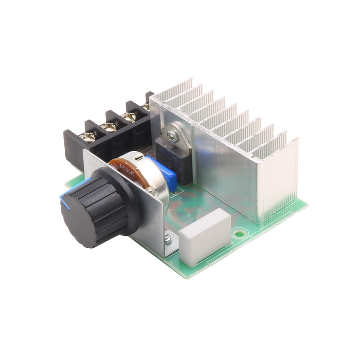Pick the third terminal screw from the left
130,118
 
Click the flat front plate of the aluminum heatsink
225,175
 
